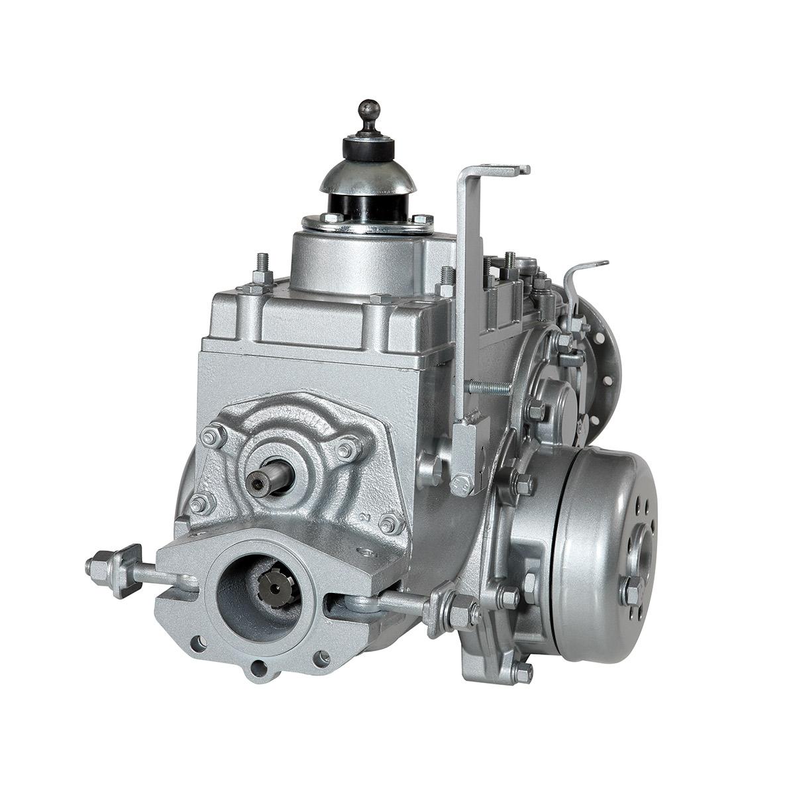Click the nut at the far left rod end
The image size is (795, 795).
tap(97, 568)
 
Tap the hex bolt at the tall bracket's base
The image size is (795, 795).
tap(462, 486)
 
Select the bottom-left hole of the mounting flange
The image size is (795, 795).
tap(197, 643)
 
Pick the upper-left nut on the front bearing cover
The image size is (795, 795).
tap(213, 437)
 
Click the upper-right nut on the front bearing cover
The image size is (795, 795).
tap(346, 450)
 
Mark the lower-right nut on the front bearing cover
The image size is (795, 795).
tap(391, 523)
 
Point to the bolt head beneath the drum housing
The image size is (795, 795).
tap(522, 673)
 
